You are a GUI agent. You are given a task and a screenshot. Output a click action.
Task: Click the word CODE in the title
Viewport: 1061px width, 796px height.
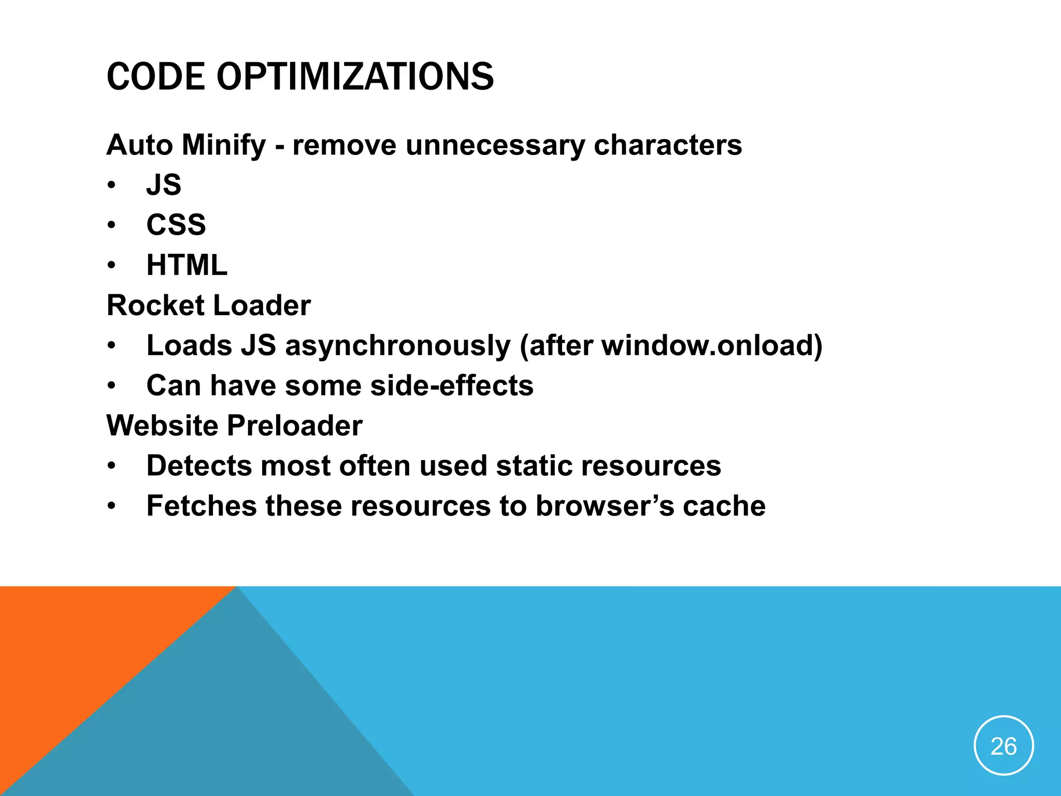(x=156, y=77)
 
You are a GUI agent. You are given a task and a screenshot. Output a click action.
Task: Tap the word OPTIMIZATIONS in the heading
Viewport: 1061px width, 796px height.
(x=355, y=77)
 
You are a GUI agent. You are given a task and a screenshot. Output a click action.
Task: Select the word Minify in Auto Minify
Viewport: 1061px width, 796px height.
(x=223, y=145)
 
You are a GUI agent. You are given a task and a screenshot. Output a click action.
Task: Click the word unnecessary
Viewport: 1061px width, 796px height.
(x=495, y=145)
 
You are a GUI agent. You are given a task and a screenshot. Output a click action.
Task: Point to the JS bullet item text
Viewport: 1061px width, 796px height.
(x=164, y=185)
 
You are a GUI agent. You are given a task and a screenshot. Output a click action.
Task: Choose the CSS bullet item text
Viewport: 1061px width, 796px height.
(x=176, y=225)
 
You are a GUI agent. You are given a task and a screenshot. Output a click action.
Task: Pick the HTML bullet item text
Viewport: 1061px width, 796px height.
(x=187, y=265)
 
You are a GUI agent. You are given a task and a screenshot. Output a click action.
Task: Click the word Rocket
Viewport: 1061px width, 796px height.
(x=155, y=305)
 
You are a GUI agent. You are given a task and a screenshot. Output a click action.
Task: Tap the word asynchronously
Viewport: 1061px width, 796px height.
(x=398, y=346)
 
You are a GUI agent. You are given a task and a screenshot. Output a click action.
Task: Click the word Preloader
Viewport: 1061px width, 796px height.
(x=295, y=426)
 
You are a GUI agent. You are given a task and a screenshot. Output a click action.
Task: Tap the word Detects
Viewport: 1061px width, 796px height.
(x=199, y=466)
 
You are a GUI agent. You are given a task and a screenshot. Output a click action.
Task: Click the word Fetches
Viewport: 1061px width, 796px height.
(x=202, y=506)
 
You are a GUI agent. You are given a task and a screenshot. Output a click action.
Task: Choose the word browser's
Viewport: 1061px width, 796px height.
(x=605, y=506)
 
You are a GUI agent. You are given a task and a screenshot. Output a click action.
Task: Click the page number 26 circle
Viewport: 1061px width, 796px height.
(x=1003, y=746)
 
